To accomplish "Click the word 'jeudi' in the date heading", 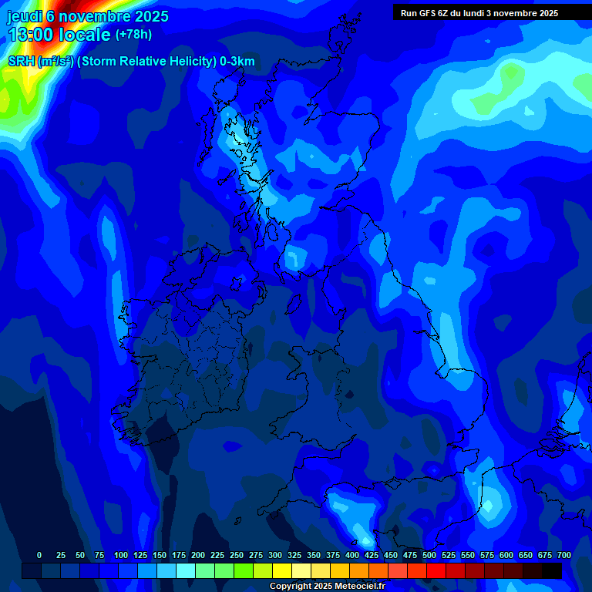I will (24, 16).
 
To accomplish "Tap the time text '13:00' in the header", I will (31, 35).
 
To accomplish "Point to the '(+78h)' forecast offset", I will (133, 35).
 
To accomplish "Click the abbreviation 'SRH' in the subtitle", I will (21, 62).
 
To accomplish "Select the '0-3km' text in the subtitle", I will (237, 62).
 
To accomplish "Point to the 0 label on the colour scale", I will (39, 555).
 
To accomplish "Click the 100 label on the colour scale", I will (121, 555).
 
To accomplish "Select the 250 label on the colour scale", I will (237, 555).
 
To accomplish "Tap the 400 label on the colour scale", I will (352, 555).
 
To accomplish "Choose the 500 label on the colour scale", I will (429, 555).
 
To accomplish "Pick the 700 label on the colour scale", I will (564, 555).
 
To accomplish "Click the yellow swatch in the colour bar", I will (281, 570).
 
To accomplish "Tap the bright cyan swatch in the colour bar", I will (185, 570).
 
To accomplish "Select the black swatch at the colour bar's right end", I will (551, 570).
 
